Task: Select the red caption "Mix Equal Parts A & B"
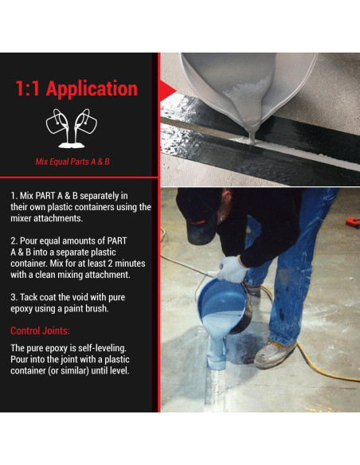pyautogui.click(x=72, y=162)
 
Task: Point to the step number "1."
pyautogui.click(x=14, y=196)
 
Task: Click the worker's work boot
pyautogui.click(x=275, y=353)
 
